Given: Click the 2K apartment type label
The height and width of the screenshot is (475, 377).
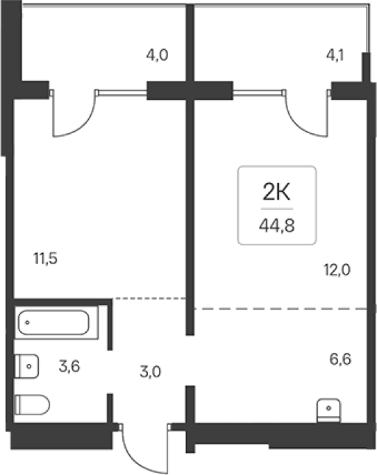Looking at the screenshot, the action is click(276, 192).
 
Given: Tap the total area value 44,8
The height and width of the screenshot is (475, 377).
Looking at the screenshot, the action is click(276, 226).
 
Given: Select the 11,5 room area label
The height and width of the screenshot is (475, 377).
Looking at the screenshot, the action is click(46, 259).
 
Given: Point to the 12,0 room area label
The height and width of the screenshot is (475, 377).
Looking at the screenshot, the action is click(337, 270).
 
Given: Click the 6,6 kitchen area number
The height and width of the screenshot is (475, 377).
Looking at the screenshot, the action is click(340, 359).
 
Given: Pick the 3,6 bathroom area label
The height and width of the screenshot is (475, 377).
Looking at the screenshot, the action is click(69, 367).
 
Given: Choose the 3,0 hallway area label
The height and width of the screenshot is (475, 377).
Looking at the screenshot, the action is click(151, 372).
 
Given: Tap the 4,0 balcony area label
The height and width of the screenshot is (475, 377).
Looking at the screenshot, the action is click(157, 55).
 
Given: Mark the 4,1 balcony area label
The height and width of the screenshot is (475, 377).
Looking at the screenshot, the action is click(335, 55).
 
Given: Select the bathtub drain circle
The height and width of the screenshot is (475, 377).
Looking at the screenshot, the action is click(27, 322).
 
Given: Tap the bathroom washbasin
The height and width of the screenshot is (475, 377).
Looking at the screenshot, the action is click(26, 366).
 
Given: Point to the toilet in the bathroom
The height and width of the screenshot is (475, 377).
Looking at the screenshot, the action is click(32, 404).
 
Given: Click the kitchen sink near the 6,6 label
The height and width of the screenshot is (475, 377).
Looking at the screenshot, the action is click(328, 411).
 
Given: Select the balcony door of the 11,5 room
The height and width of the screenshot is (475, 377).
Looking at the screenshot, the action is click(74, 113).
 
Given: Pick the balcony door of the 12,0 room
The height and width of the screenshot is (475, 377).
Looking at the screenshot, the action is click(305, 113).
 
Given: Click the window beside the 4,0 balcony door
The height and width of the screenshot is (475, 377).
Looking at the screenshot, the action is click(122, 92).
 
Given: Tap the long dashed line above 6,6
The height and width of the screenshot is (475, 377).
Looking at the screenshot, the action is click(281, 309).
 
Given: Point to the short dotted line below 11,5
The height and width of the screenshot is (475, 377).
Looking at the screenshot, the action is click(149, 299).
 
